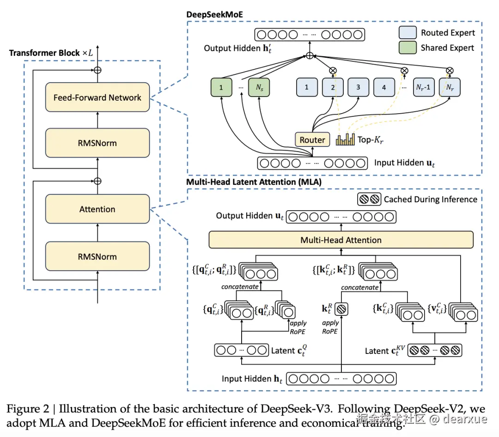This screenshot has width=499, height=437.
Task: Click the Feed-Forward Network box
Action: pyautogui.click(x=97, y=97)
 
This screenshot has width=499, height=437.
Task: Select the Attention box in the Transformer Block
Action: pyautogui.click(x=97, y=209)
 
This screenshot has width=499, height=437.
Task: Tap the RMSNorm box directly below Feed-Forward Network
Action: pyautogui.click(x=97, y=143)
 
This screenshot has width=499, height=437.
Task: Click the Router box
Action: pyautogui.click(x=312, y=140)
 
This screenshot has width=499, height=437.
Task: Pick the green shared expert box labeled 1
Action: pyautogui.click(x=220, y=87)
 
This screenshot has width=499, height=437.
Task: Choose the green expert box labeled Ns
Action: pyautogui.click(x=258, y=87)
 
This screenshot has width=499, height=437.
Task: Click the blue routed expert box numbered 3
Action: pyautogui.click(x=358, y=87)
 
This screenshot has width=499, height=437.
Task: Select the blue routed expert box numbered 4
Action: pyautogui.click(x=384, y=87)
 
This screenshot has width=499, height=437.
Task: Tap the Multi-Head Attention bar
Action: pyautogui.click(x=341, y=240)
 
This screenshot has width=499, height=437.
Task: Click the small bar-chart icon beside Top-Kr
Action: pyautogui.click(x=346, y=139)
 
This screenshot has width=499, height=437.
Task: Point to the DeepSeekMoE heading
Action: pyautogui.click(x=214, y=14)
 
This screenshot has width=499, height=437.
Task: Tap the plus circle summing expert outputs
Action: pyautogui.click(x=310, y=56)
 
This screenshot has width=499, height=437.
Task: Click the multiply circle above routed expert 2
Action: pyautogui.click(x=332, y=71)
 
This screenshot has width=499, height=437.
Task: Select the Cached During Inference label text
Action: pyautogui.click(x=430, y=200)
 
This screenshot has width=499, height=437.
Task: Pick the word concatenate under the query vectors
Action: pyautogui.click(x=240, y=287)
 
